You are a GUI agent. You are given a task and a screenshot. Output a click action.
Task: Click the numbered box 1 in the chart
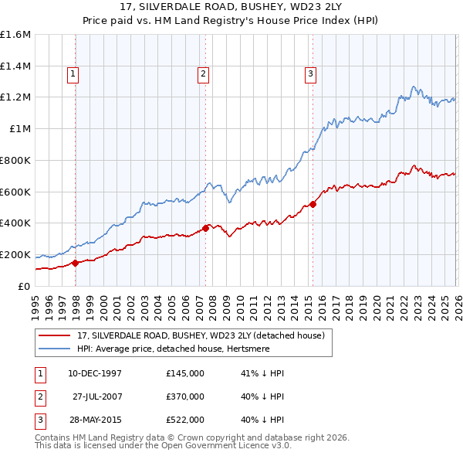point(73,74)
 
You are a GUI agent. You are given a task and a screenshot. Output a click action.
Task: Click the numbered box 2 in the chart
point(203,74)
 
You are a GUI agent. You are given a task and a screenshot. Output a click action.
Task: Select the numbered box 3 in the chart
point(310,74)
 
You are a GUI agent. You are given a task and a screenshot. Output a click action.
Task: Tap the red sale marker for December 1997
point(76,263)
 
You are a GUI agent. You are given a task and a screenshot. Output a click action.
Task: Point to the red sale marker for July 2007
point(206,228)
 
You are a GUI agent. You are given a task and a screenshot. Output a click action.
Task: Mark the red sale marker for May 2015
point(313,204)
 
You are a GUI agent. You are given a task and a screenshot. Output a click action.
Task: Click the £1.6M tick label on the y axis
point(15,35)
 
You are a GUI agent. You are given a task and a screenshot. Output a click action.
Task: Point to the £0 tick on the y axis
point(25,286)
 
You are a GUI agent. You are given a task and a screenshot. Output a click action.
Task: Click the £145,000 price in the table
point(184,373)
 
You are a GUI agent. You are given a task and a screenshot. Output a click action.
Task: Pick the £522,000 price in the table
point(184,420)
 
